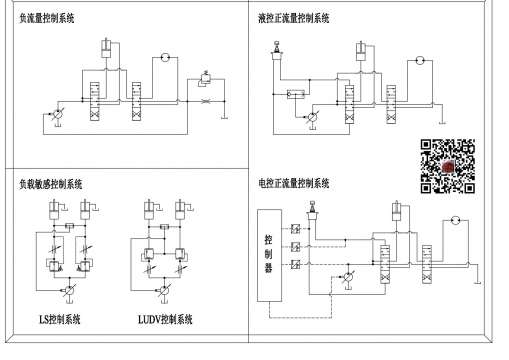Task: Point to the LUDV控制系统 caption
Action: coord(165,319)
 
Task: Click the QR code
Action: coord(446,164)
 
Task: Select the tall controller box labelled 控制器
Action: coord(268,254)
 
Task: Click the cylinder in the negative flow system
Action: coord(105,51)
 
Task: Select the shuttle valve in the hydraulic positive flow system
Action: coord(297,94)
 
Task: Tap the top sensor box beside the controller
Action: coord(297,229)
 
